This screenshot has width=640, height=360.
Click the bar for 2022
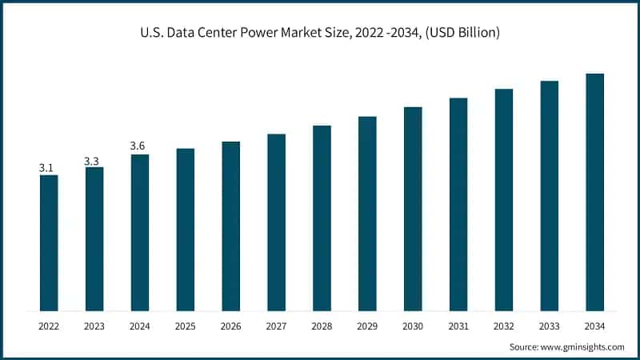pos(49,242)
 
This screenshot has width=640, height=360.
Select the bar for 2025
pos(186,230)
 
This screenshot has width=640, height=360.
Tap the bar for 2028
pos(322,218)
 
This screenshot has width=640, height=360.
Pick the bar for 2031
pos(458,204)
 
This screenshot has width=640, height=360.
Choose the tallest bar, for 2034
pos(594,192)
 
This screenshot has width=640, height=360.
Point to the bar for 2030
pos(413,209)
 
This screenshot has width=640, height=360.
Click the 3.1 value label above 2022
pos(46,168)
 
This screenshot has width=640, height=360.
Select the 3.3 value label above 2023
pos(92,161)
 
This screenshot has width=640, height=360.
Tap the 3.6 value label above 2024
pos(138,146)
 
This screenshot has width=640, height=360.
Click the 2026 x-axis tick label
pos(230,326)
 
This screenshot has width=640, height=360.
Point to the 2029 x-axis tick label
pos(367,326)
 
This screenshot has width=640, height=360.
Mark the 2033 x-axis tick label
pos(549,326)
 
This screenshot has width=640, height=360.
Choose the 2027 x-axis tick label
pos(276,326)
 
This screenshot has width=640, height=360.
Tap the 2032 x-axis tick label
pos(503,326)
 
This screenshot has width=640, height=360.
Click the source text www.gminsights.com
pos(582,346)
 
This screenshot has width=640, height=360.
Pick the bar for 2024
pos(140,232)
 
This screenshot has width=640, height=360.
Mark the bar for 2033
pos(549,195)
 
